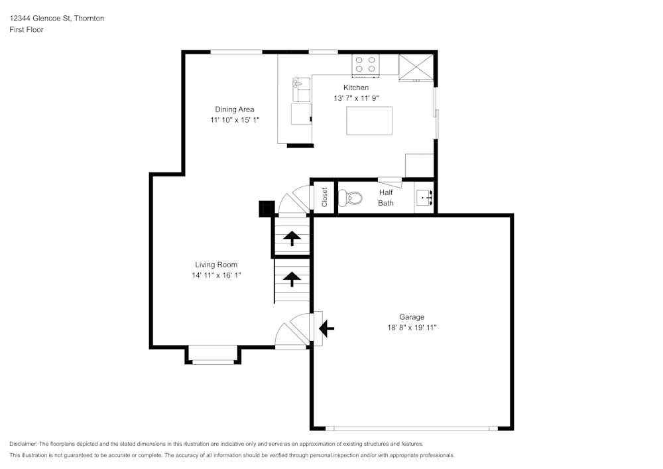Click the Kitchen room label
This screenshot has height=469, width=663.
355,88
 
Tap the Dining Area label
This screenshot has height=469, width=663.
234,109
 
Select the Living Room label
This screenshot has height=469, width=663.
215,265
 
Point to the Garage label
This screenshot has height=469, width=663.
411,317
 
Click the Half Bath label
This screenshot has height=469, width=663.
386,198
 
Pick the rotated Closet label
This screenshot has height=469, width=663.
325,197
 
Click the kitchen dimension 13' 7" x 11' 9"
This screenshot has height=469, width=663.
355,98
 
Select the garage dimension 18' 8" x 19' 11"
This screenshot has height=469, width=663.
412,328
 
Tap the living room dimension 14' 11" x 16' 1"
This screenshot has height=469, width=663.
216,275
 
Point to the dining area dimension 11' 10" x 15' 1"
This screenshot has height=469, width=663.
234,120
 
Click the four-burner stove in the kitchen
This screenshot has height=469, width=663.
365,64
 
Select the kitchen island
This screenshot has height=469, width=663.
369,120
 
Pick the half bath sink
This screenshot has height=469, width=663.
424,198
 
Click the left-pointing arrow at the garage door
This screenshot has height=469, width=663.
327,327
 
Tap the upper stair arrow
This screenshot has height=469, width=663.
292,237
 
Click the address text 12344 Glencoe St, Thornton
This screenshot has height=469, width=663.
56,19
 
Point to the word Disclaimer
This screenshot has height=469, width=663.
23,444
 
